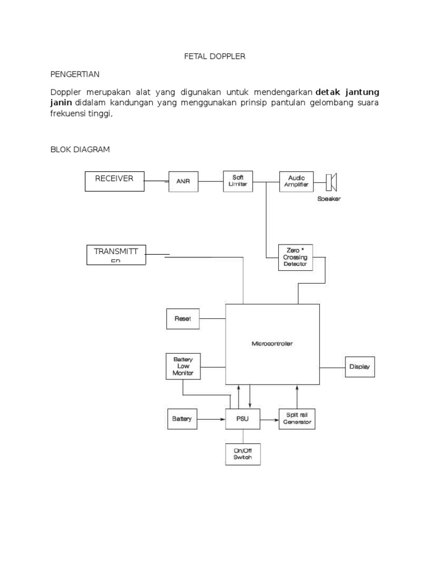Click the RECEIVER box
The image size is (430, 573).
pyautogui.click(x=114, y=181)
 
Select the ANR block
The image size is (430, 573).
pyautogui.click(x=183, y=181)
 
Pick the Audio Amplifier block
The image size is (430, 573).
pyautogui.click(x=297, y=181)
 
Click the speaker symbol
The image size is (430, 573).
pyautogui.click(x=332, y=181)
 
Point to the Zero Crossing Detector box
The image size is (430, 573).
pyautogui.click(x=295, y=257)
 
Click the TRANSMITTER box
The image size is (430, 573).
pyautogui.click(x=116, y=255)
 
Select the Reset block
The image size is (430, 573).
pyautogui.click(x=183, y=318)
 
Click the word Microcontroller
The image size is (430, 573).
pyautogui.click(x=272, y=344)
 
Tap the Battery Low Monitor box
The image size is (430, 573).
pyautogui.click(x=183, y=367)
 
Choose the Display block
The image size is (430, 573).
pyautogui.click(x=359, y=367)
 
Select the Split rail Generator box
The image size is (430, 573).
pyautogui.click(x=297, y=419)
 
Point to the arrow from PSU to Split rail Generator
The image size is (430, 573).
pyautogui.click(x=270, y=419)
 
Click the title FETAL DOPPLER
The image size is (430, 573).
pyautogui.click(x=214, y=57)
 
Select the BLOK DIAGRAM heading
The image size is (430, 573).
pyautogui.click(x=80, y=149)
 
